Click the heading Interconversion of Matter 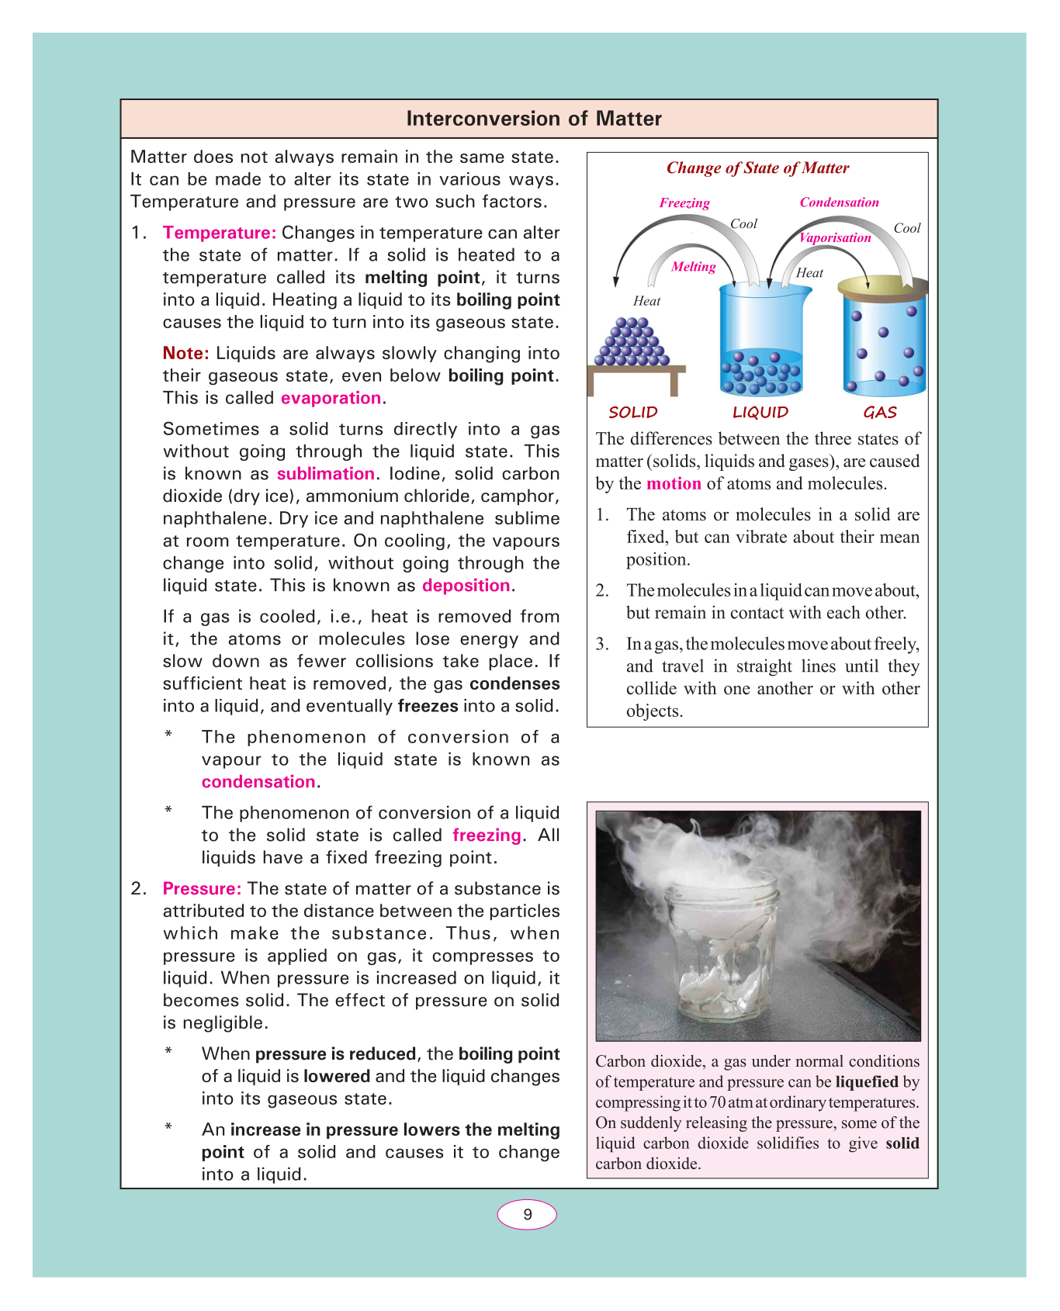(534, 119)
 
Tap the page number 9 (527, 1215)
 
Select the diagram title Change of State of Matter (757, 168)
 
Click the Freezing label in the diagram (684, 203)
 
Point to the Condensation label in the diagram (839, 202)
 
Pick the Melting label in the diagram (693, 267)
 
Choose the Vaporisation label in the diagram (835, 238)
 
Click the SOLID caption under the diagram (633, 413)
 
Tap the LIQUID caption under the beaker (760, 413)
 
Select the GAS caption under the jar (880, 413)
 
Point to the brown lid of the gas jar (882, 286)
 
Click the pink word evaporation (331, 398)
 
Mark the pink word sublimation (326, 474)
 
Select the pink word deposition (466, 586)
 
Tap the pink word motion (674, 484)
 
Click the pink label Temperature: (220, 233)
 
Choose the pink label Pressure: (202, 889)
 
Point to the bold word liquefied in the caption (867, 1082)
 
